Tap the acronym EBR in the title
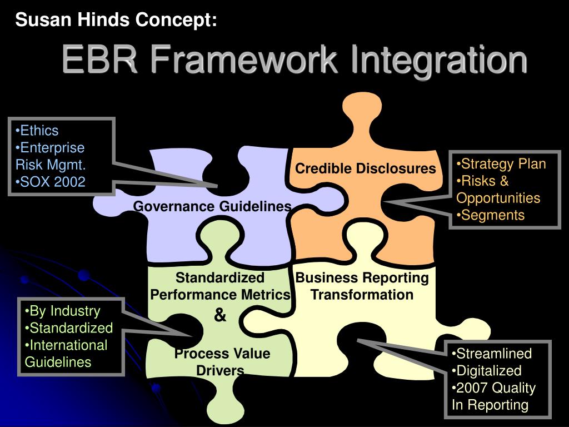pos(99,59)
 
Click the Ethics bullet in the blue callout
pos(37,130)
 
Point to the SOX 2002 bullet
pos(51,182)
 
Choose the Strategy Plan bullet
pos(501,164)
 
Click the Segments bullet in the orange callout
pos(491,215)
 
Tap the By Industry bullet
pos(62,311)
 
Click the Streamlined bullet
pos(492,353)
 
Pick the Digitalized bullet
pos(487,370)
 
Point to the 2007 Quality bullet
pos(493,388)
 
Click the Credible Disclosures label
pos(365,168)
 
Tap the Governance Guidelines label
pos(212,206)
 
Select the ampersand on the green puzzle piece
pos(220,315)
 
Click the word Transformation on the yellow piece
pos(362,295)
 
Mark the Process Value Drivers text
pos(222,362)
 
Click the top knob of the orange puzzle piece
pos(362,109)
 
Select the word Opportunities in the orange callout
pos(498,198)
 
